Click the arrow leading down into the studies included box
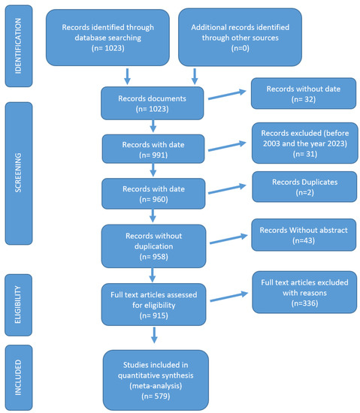pos(154,335)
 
